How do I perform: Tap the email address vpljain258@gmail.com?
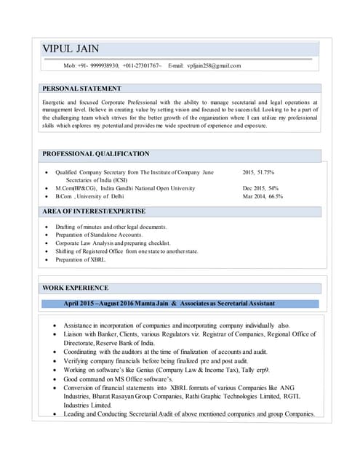click(x=214, y=65)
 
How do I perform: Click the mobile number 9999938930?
click(x=103, y=65)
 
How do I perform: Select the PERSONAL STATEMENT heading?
click(x=81, y=89)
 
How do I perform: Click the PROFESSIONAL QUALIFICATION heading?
click(x=96, y=154)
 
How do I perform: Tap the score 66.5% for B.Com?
click(x=276, y=196)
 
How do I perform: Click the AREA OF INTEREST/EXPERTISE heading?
click(x=94, y=211)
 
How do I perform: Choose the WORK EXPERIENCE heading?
click(x=76, y=288)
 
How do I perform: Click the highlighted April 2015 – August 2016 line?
click(x=169, y=303)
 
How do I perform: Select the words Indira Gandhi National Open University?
click(x=148, y=188)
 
